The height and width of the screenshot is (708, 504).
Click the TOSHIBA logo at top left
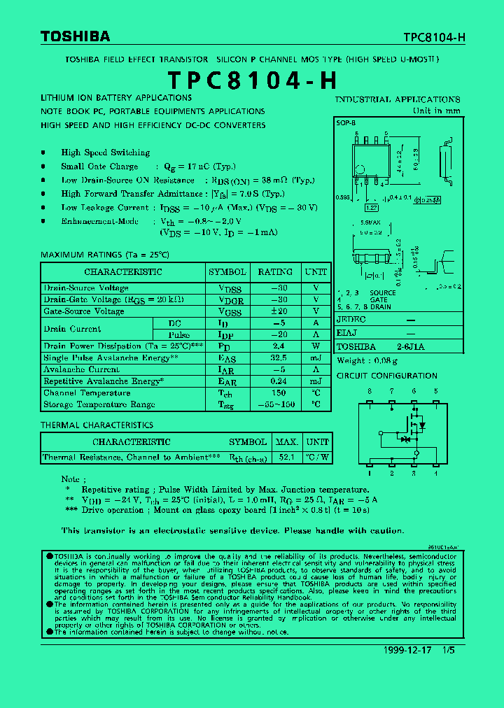[75, 36]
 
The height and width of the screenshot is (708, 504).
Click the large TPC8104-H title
[252, 80]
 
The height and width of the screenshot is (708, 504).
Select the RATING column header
[275, 272]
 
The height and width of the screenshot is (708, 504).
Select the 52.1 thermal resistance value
[286, 458]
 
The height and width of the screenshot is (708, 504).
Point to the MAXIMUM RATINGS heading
[105, 255]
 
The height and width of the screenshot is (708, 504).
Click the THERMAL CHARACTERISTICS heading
[97, 425]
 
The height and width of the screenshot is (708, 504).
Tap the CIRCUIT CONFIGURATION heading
[386, 376]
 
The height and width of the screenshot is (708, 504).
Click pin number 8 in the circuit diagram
[370, 391]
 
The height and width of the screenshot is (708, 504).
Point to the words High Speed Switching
[105, 153]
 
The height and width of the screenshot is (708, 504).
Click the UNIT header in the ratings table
[316, 272]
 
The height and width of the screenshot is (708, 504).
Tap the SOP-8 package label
[346, 121]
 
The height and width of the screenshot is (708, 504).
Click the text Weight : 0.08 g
[367, 361]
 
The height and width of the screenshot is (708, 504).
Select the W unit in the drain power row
[316, 346]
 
